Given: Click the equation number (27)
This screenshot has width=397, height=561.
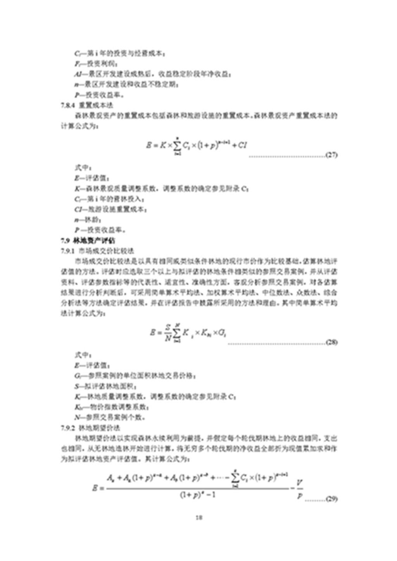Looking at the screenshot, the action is click(331, 155).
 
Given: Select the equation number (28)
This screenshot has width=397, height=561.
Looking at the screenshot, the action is click(331, 342).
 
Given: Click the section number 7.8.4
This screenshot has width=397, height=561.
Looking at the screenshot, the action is click(67, 105).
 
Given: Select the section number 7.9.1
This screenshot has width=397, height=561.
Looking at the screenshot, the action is click(67, 251).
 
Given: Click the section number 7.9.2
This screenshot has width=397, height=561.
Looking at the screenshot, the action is click(67, 428).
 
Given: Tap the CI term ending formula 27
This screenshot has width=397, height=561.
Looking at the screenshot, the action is click(242, 145).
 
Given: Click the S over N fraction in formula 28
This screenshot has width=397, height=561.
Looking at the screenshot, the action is click(167, 333).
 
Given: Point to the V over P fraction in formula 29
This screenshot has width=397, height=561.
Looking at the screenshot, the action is click(299, 489).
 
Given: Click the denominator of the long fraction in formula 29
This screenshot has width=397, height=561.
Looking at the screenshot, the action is click(198, 495).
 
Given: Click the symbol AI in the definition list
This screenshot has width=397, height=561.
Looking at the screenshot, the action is click(79, 74).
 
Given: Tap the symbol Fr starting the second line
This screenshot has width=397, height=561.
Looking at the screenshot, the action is click(78, 64).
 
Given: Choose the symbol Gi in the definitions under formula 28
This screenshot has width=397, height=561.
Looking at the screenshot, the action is click(78, 376).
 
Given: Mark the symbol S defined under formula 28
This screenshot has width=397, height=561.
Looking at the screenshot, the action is click(77, 386).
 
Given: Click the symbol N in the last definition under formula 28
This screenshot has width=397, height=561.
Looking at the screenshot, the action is click(77, 418).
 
